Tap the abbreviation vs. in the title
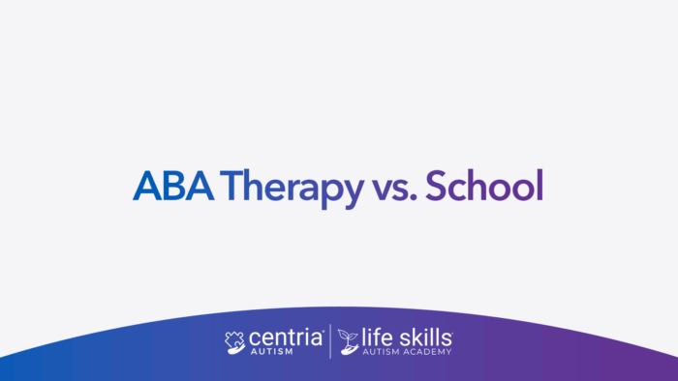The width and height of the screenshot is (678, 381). tap(391, 189)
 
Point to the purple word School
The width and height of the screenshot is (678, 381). tap(483, 187)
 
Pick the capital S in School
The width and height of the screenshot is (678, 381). tap(438, 187)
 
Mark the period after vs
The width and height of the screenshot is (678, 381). tap(413, 199)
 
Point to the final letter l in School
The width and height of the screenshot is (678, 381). tap(539, 185)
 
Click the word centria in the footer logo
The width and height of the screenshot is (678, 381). tap(288, 338)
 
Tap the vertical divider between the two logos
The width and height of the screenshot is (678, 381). tap(331, 342)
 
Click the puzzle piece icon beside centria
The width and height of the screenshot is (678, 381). tap(235, 341)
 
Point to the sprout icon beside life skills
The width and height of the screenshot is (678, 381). tap(349, 342)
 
